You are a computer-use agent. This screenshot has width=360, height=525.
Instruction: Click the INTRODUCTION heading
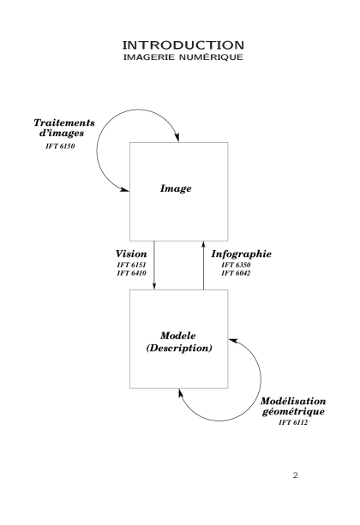[183, 45]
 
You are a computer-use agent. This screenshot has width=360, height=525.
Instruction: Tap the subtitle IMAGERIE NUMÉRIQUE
[183, 57]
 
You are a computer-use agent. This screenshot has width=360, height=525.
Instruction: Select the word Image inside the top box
[176, 188]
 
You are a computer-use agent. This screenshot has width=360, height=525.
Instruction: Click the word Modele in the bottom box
[178, 336]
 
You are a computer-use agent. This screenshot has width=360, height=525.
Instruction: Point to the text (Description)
[179, 348]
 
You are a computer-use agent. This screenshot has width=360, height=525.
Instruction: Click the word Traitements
[64, 122]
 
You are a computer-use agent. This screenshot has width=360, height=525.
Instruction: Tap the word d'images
[62, 133]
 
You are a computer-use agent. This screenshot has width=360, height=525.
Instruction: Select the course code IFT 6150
[60, 146]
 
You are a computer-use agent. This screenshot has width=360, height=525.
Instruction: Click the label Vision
[131, 254]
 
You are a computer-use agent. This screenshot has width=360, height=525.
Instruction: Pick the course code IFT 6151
[131, 265]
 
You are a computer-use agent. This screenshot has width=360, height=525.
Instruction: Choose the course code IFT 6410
[131, 273]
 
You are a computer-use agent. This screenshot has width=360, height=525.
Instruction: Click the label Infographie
[242, 254]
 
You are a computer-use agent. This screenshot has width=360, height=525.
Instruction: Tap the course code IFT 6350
[236, 265]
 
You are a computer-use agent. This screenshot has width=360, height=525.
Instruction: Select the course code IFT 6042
[236, 273]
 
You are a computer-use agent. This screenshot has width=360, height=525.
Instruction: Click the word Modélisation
[293, 401]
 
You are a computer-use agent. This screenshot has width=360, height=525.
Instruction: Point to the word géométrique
[293, 411]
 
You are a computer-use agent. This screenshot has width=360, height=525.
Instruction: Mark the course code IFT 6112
[293, 422]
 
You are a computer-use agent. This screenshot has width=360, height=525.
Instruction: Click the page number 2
[295, 475]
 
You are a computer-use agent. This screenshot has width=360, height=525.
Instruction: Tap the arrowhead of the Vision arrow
[154, 285]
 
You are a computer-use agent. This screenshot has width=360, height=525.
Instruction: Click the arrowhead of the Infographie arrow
[203, 245]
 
